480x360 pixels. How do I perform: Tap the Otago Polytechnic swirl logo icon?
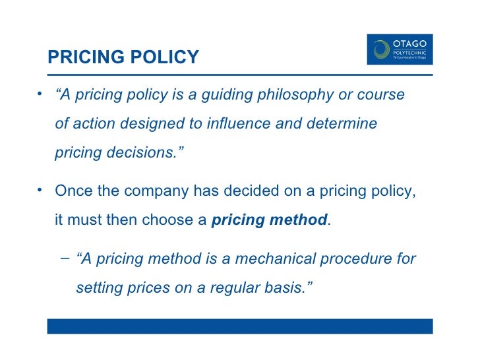pyautogui.click(x=381, y=49)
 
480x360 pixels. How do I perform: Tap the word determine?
pyautogui.click(x=344, y=123)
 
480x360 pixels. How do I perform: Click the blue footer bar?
pyautogui.click(x=240, y=326)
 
